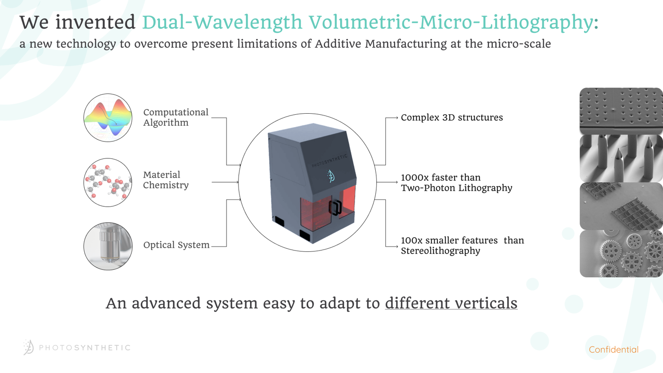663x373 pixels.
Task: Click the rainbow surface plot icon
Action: [x=108, y=117]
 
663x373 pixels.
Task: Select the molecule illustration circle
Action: [x=108, y=182]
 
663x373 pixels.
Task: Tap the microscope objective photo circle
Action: [x=108, y=246]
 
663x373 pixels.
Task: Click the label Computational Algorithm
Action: [x=175, y=117]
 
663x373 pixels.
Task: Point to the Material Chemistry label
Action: [x=166, y=180]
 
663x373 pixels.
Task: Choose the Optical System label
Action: [x=176, y=245]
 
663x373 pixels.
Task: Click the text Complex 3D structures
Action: [x=452, y=117]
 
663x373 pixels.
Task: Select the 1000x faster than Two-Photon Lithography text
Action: [x=456, y=182]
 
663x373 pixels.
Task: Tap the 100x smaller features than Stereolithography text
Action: [x=462, y=245]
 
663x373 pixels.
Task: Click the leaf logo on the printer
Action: [x=331, y=176]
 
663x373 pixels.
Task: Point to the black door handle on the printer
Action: [x=335, y=208]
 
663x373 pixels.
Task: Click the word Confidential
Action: [x=613, y=350]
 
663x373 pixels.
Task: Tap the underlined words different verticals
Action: [x=451, y=303]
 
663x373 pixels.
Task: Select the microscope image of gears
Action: [x=621, y=254]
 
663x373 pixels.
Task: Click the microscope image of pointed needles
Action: [x=621, y=158]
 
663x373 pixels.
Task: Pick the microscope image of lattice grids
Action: [x=621, y=206]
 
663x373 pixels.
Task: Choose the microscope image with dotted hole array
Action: [x=621, y=111]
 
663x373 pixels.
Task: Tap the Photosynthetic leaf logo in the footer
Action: [x=29, y=347]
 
